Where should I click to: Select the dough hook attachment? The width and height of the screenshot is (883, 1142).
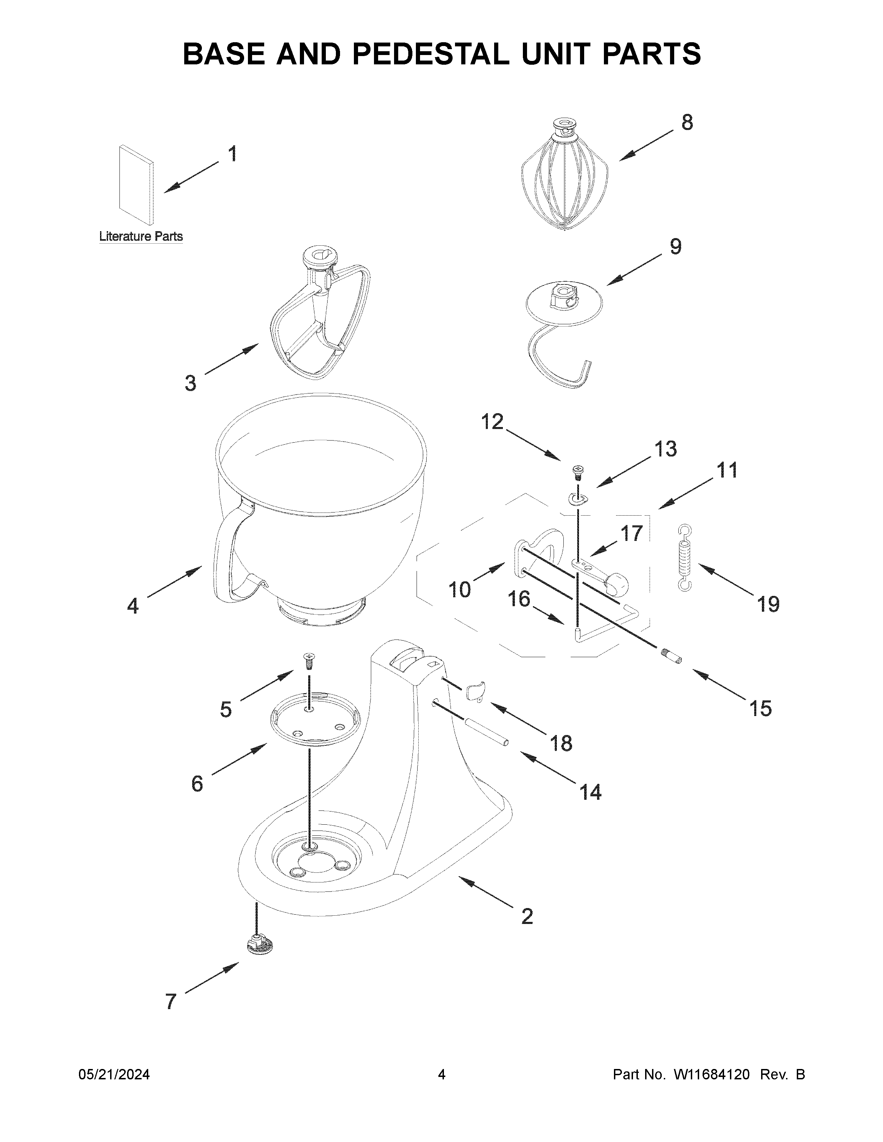562,335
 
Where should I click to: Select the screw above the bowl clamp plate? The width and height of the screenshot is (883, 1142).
309,661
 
